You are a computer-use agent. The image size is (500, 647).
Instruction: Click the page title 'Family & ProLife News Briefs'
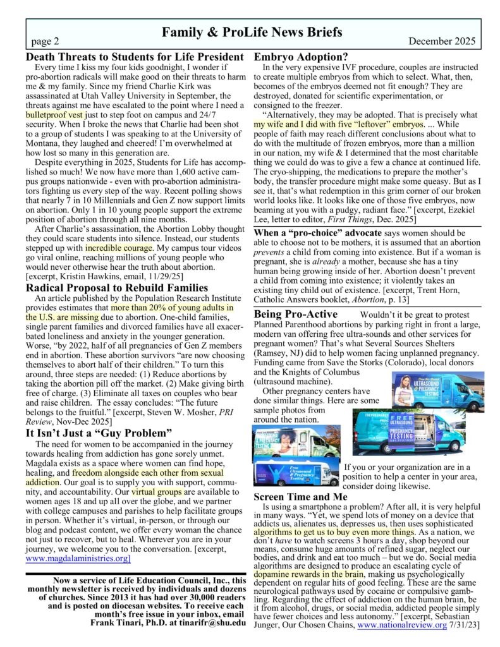point(252,32)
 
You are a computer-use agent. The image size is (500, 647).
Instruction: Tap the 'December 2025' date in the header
point(442,42)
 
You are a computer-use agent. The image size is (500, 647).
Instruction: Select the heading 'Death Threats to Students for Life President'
point(135,57)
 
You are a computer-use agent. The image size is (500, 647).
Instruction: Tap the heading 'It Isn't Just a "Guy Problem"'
point(99,433)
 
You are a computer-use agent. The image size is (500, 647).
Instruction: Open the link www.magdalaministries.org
point(78,559)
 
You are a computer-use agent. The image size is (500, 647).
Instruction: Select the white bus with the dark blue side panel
point(296,471)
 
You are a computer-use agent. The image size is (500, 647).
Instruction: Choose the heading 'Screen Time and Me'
point(301,497)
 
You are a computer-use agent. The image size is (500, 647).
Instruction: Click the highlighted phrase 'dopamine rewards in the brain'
point(308,574)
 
